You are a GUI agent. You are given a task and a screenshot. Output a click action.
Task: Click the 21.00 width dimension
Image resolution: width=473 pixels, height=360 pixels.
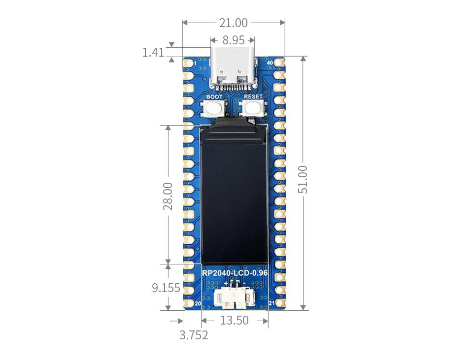(x=234, y=23)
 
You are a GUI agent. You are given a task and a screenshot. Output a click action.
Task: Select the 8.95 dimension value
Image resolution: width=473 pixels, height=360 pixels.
(x=234, y=40)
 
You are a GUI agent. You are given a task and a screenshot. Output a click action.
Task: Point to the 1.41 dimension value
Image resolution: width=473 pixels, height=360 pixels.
(x=153, y=52)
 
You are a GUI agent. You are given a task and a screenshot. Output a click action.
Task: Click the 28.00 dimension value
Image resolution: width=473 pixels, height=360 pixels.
(x=168, y=196)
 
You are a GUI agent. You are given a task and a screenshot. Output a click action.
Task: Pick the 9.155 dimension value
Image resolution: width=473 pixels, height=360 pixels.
(x=166, y=288)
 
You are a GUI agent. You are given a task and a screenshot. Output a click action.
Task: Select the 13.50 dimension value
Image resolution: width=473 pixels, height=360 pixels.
(x=235, y=321)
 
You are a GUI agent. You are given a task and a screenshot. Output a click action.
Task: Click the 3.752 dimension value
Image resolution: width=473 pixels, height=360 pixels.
(x=194, y=335)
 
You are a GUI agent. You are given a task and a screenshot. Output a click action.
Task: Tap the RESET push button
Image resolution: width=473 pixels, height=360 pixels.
(x=252, y=109)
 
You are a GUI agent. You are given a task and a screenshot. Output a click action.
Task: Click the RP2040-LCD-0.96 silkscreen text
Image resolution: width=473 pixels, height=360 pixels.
(x=235, y=273)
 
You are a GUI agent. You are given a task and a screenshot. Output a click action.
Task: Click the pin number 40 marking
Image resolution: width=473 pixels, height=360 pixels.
(x=269, y=64)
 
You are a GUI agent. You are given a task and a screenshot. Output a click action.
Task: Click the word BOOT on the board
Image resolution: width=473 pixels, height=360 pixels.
(x=214, y=97)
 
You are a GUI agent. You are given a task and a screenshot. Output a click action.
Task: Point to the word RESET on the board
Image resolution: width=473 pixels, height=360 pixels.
(x=253, y=97)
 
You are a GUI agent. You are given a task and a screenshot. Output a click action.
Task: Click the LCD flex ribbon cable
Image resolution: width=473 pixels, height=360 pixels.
(x=234, y=122)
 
